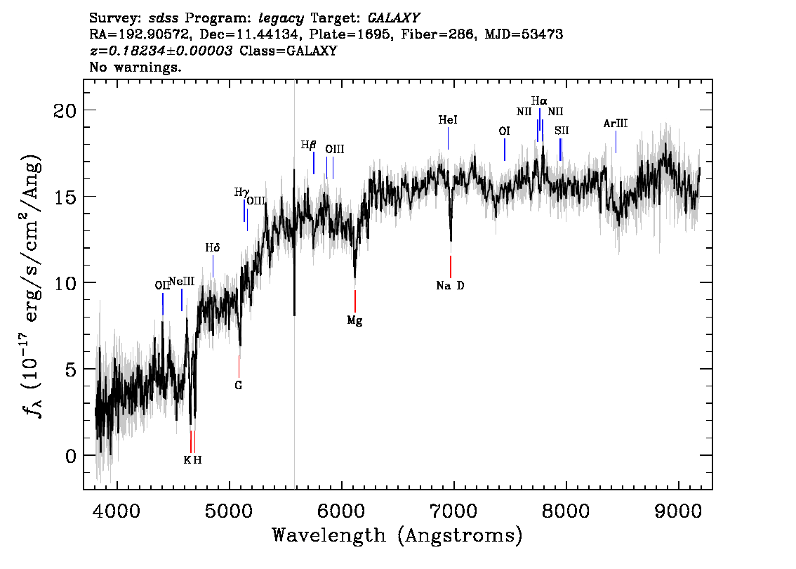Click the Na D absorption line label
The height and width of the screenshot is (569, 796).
pos(450,285)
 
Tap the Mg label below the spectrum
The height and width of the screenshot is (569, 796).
pos(354,320)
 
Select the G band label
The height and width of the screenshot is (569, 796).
pos(238,386)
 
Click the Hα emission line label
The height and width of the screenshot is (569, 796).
pos(539,100)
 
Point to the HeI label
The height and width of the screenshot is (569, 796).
pos(448,120)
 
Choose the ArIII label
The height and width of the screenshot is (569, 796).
pos(616,124)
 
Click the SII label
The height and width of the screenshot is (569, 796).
pos(562,131)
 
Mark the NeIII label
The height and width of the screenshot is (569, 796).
pos(181,282)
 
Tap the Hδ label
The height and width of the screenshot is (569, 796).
pos(213,248)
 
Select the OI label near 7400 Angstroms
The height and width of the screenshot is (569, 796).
pos(503,131)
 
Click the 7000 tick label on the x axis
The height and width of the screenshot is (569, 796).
pos(453,511)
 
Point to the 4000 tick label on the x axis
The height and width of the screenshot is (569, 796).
pos(117,511)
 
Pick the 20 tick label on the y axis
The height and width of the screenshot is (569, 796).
pos(65,110)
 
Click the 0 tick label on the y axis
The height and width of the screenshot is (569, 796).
pos(71,456)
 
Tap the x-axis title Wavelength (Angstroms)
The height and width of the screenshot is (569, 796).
pos(397,535)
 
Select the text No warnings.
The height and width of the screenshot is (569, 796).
pos(135,67)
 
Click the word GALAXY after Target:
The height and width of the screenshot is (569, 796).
pos(393,18)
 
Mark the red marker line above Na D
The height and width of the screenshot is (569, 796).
pos(450,267)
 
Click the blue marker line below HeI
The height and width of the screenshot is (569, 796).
pos(449,138)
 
